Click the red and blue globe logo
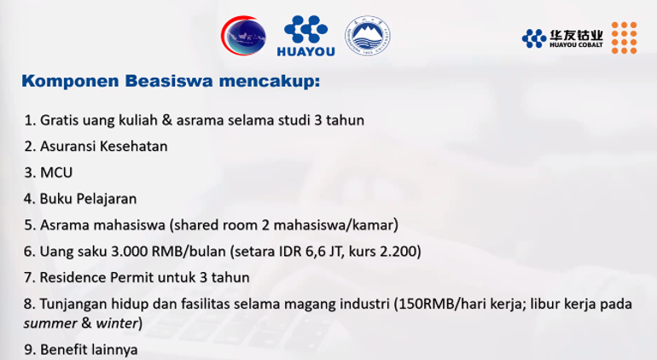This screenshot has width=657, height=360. [x=243, y=36]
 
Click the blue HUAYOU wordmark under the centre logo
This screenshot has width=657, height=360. [x=305, y=51]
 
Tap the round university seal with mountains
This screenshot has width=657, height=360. [x=368, y=36]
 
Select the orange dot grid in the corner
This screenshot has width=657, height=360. [x=624, y=38]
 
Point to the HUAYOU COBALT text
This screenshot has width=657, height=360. [x=576, y=45]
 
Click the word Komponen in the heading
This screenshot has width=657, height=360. [x=70, y=81]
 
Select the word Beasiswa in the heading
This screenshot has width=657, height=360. [x=169, y=80]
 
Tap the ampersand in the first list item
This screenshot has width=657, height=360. [x=166, y=120]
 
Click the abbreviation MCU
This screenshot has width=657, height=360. [x=56, y=172]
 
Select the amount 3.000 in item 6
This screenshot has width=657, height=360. [x=129, y=251]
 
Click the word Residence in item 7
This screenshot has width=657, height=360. [x=73, y=277]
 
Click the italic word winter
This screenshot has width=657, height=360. [x=117, y=323]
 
